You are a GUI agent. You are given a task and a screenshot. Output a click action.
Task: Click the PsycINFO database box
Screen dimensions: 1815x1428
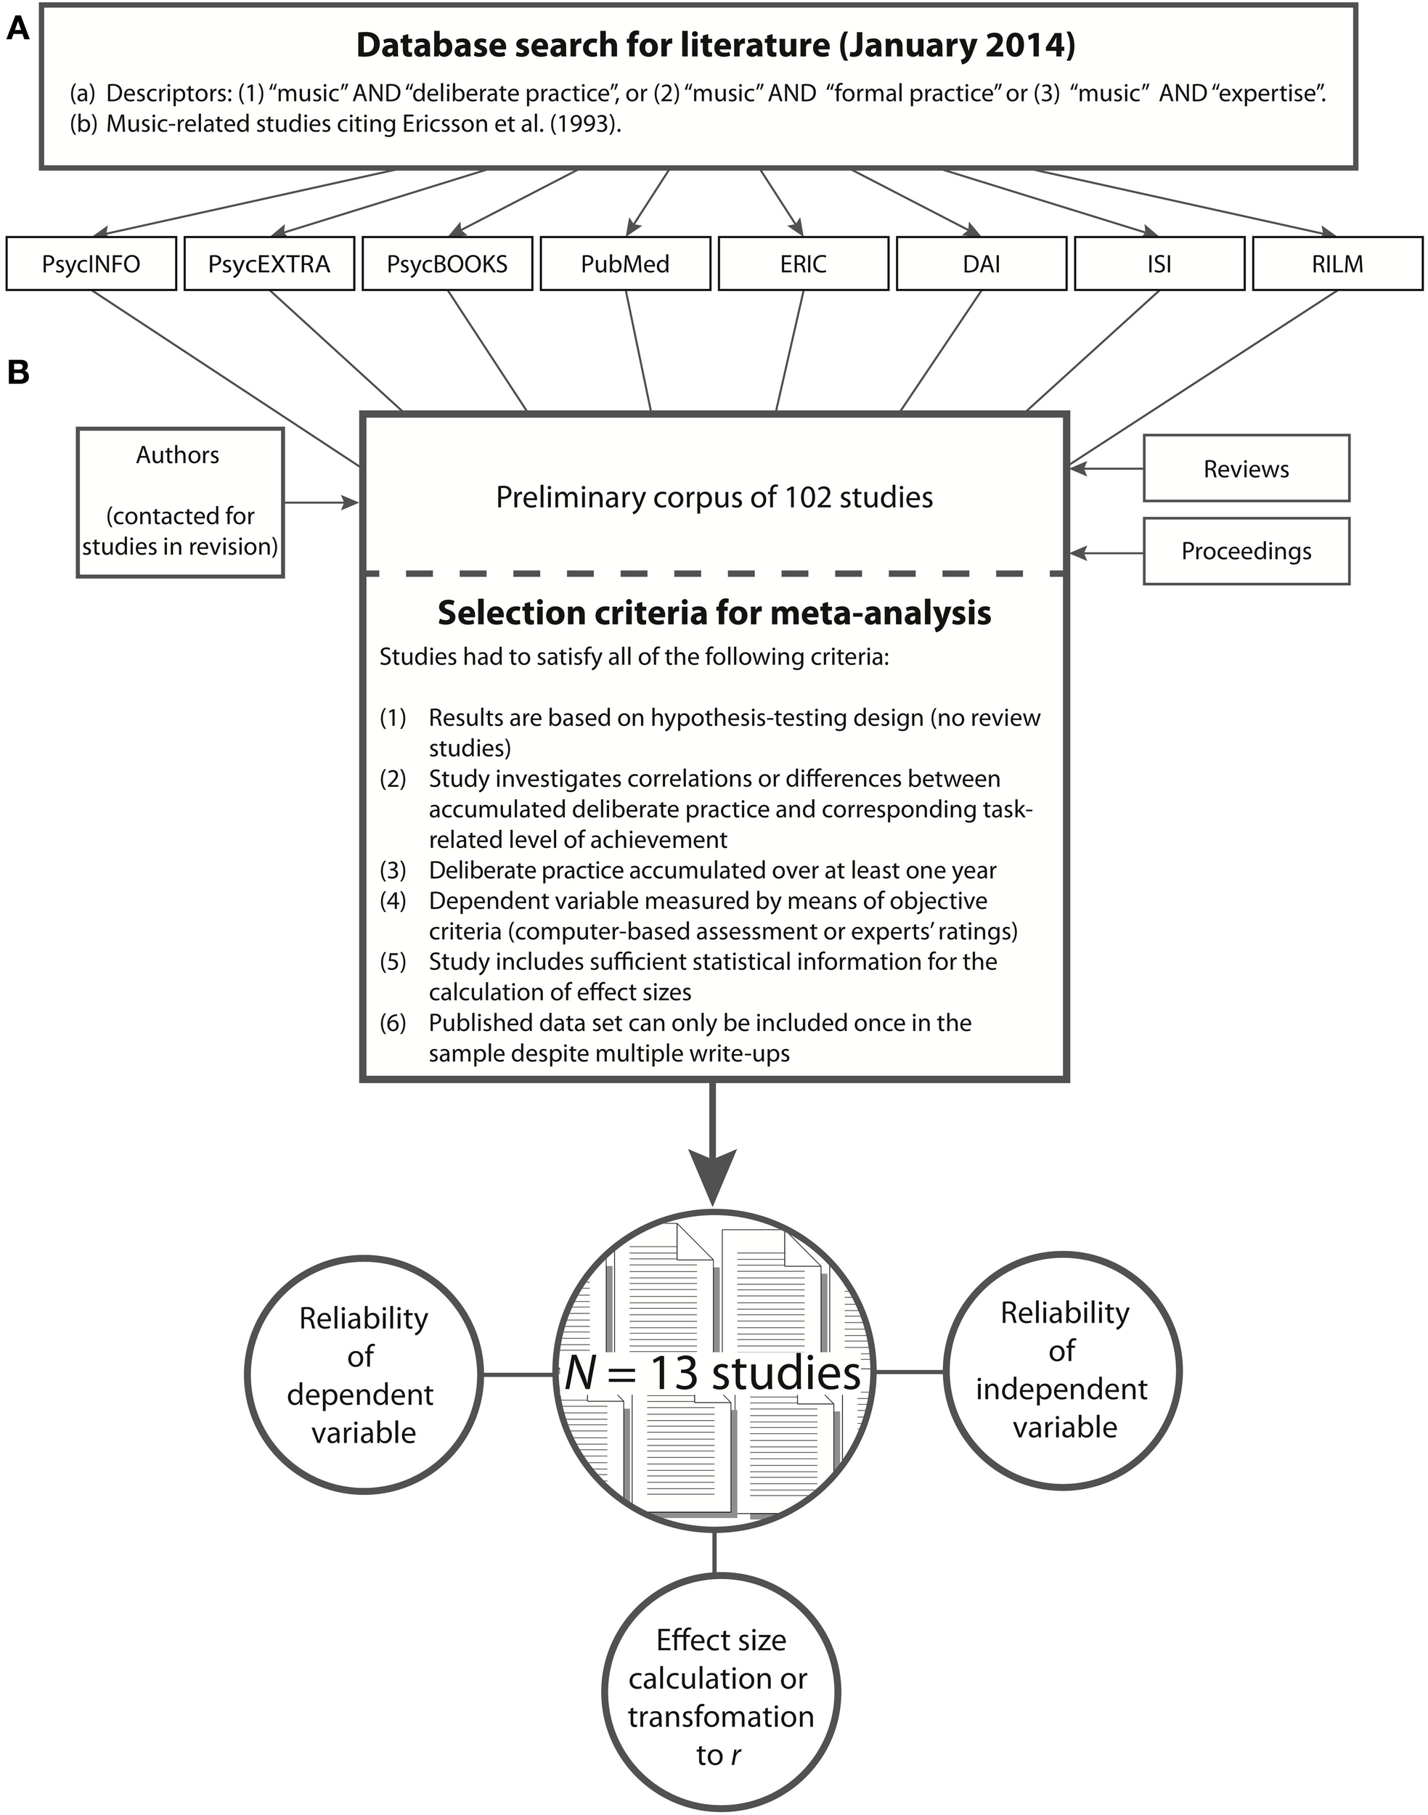pos(91,264)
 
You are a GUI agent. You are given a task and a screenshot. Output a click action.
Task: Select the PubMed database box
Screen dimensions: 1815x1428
pos(624,264)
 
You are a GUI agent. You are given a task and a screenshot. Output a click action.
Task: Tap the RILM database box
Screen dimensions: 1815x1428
pos(1337,264)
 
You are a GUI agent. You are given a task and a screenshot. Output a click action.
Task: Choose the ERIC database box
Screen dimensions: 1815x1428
pos(803,264)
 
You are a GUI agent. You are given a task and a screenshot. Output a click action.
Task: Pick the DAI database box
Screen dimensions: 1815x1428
pos(982,264)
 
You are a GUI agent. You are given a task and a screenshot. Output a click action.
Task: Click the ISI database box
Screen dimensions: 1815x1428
pos(1159,264)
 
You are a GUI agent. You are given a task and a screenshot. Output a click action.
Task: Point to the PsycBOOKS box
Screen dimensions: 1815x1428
pos(447,264)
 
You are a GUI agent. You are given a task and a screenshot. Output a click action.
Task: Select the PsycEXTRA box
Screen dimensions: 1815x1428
pos(269,264)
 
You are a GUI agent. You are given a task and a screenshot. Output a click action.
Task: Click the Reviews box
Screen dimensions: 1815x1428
pos(1246,468)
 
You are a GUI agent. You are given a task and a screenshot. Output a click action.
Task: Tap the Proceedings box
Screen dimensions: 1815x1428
pos(1246,551)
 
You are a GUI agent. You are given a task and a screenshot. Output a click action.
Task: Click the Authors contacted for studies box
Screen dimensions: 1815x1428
pos(180,502)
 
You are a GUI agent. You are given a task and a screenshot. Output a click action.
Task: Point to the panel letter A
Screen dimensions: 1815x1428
pos(18,29)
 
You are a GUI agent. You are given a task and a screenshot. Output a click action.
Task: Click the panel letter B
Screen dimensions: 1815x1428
pos(18,373)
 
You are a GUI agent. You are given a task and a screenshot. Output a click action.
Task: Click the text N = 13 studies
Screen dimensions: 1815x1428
pos(713,1373)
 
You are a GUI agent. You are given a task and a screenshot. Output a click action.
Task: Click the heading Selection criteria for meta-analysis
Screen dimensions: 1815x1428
pos(714,613)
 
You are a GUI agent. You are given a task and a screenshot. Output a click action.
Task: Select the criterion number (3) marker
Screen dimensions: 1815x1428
pos(393,870)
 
